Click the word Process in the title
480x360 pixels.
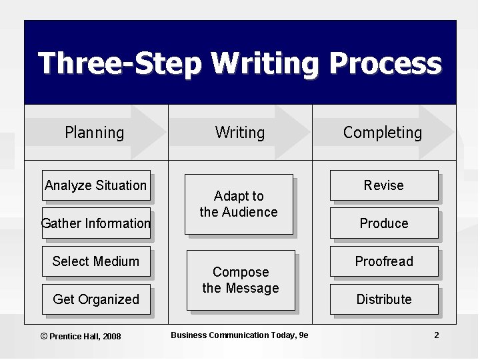pyautogui.click(x=385, y=65)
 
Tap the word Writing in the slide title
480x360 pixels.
pyautogui.click(x=266, y=65)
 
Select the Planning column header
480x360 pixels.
pyautogui.click(x=95, y=133)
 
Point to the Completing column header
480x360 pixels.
pyautogui.click(x=383, y=133)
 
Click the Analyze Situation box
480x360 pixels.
pyautogui.click(x=95, y=185)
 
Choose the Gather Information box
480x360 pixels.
pyautogui.click(x=96, y=223)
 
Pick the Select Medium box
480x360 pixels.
pyautogui.click(x=95, y=261)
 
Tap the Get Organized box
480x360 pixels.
pyautogui.click(x=96, y=299)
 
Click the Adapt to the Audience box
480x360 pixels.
pyautogui.click(x=239, y=204)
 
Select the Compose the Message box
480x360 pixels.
pyautogui.click(x=240, y=280)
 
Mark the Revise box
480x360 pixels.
pyautogui.click(x=384, y=185)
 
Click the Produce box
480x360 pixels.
pyautogui.click(x=384, y=223)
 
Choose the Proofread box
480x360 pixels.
pyautogui.click(x=384, y=261)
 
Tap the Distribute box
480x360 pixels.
pyautogui.click(x=384, y=299)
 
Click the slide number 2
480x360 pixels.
pyautogui.click(x=437, y=335)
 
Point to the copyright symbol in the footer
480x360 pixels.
pyautogui.click(x=44, y=336)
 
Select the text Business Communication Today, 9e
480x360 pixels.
pyautogui.click(x=239, y=335)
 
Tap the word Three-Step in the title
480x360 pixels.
pyautogui.click(x=120, y=65)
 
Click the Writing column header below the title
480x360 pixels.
pyautogui.click(x=240, y=133)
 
